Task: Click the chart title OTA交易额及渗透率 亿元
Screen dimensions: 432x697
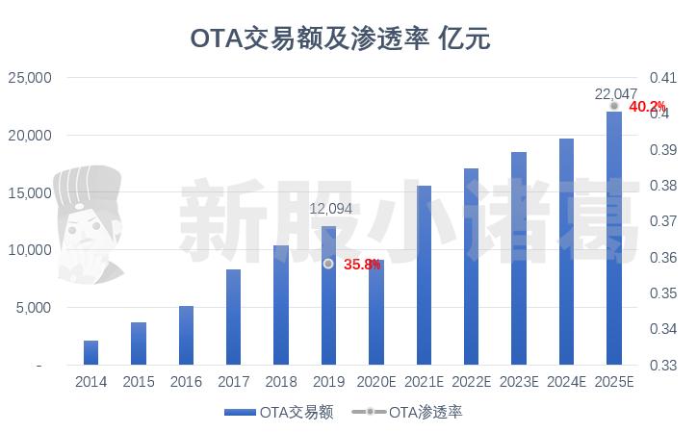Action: tap(340, 38)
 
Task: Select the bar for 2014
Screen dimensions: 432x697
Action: tap(91, 352)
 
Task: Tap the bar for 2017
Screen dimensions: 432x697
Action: tap(234, 317)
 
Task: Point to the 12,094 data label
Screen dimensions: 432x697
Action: tap(329, 209)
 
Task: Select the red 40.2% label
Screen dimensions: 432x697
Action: tap(647, 107)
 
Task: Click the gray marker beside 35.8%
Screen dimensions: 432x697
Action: tap(328, 264)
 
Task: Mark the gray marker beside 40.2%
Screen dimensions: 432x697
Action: tap(614, 106)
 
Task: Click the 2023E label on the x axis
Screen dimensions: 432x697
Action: tap(519, 381)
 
